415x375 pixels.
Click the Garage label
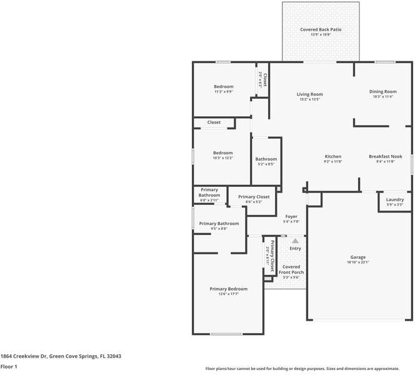point(357,257)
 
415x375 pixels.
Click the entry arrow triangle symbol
point(295,239)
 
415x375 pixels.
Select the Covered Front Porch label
point(291,269)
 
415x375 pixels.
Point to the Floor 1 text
point(8,367)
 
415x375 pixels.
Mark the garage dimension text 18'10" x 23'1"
point(357,262)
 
